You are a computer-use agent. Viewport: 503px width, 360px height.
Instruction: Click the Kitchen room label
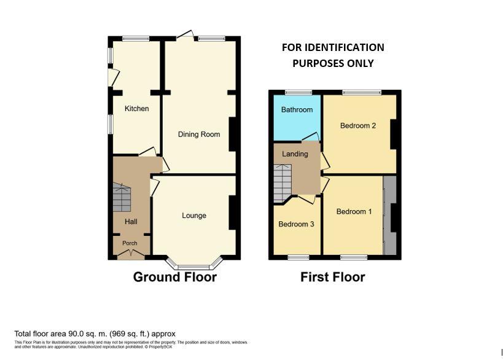point(136,109)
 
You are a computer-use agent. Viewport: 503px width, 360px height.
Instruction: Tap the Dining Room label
point(199,135)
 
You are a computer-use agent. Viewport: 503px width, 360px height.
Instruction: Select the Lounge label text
point(194,216)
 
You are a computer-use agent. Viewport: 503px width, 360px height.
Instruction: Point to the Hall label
point(131,222)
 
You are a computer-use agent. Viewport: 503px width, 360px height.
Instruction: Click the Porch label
point(130,243)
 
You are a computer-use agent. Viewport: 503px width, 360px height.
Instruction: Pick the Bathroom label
point(297,110)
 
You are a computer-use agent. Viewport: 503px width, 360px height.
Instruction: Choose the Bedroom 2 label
point(358,126)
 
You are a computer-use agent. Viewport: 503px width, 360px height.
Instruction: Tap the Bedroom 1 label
point(354,212)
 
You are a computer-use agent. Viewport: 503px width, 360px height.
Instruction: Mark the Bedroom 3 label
point(296,224)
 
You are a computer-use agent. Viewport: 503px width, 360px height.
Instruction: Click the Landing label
point(295,154)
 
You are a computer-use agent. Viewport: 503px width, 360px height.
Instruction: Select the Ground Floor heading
point(175,277)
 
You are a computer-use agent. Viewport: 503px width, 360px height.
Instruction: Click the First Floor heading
point(332,277)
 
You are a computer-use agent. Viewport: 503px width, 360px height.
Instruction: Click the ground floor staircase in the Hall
point(122,197)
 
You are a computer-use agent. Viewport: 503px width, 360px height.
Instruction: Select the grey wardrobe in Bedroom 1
point(389,216)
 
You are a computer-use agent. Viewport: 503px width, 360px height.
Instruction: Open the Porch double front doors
point(130,253)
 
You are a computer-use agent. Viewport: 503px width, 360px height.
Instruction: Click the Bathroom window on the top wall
point(298,93)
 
